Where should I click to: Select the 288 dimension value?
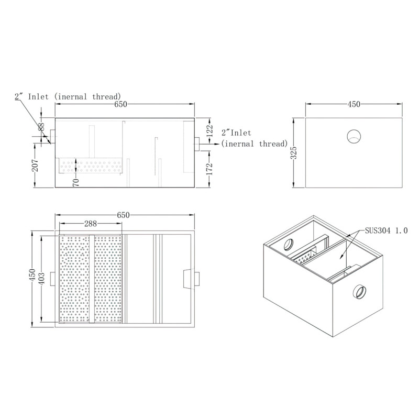click(x=90, y=224)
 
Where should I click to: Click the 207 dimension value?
click(x=35, y=167)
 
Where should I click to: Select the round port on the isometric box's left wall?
click(x=289, y=244)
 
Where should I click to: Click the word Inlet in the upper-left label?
click(x=40, y=96)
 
